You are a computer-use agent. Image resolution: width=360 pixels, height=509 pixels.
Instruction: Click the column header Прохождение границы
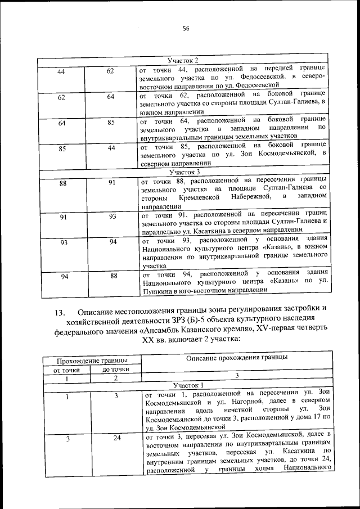coord(90,359)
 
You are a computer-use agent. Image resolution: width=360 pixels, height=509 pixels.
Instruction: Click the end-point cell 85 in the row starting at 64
coord(111,123)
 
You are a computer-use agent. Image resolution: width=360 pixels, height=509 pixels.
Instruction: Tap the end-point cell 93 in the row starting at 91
coord(112,216)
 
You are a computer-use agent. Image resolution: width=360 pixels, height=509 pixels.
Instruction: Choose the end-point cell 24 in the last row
coord(116,438)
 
